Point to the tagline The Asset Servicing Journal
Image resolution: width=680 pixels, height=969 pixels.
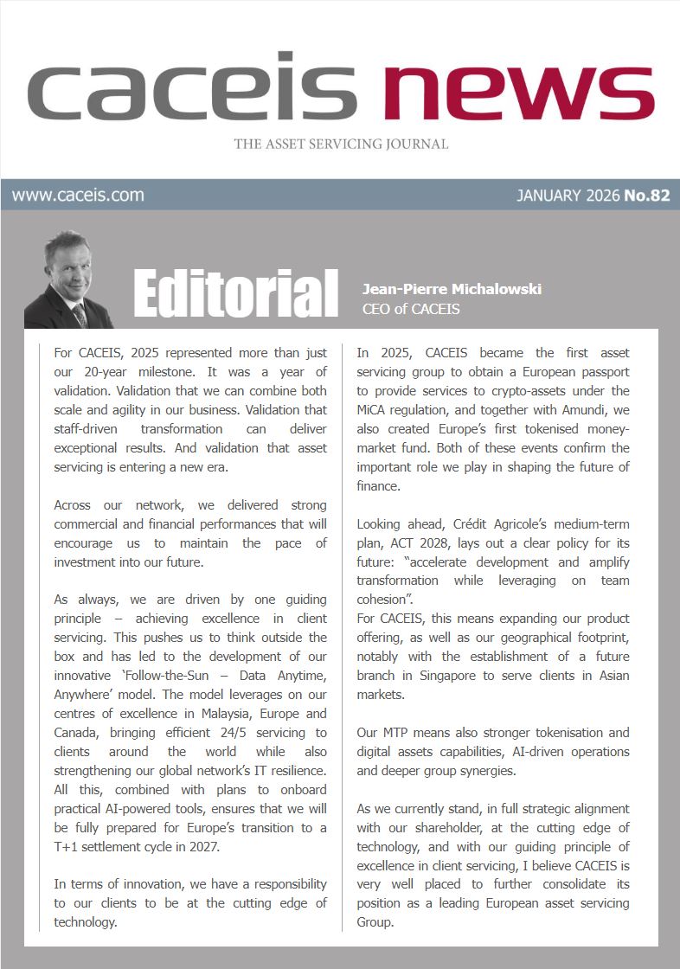point(341,144)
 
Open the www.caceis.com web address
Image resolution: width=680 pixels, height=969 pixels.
point(78,195)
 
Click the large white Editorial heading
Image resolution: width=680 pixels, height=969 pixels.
point(235,293)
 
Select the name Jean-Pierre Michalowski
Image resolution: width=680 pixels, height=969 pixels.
point(452,289)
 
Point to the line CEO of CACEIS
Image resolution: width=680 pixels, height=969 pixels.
point(411,308)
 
